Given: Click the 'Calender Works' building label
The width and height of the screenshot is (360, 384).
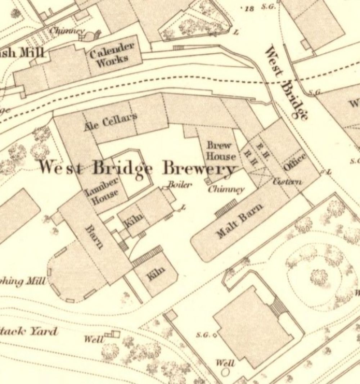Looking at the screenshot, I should coord(112,55).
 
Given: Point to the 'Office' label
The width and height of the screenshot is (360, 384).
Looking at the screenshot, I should coord(294,162).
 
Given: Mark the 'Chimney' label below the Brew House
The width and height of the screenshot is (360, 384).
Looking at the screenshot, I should coord(226,189).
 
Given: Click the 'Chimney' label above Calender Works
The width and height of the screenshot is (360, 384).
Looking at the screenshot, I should coord(67,31).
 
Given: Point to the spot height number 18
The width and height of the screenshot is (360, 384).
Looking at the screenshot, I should coord(248,9).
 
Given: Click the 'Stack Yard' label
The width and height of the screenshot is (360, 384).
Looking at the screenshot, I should coord(29,331).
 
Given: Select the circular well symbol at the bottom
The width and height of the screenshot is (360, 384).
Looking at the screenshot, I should coord(226,372).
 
